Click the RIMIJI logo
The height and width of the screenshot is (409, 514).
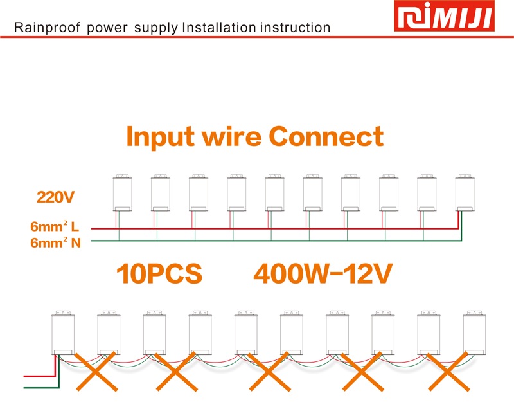coord(444,15)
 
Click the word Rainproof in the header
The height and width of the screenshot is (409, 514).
coord(47,28)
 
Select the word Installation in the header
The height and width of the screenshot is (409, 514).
coord(219,27)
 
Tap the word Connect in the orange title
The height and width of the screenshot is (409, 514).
coord(326,136)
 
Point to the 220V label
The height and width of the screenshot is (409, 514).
coord(55,197)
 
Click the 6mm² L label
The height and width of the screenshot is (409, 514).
coord(55,226)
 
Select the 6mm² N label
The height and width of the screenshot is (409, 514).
coord(55,242)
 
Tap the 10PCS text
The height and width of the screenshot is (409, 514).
coord(159,273)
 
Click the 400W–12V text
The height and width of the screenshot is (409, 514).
coord(323,273)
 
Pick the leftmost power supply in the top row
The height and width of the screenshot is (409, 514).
coord(123,193)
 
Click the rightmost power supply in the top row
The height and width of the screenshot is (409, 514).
coord(465,193)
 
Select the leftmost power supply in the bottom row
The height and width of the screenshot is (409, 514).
coord(63,333)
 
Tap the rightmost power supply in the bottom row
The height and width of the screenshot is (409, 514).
coord(474,333)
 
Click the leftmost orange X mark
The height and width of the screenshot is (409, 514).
coord(97,372)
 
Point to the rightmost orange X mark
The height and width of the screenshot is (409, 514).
coord(448,372)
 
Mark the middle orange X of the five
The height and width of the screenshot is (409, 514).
coord(270,372)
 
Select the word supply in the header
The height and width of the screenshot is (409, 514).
coord(156,28)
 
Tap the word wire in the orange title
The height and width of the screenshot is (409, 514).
coord(231,136)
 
